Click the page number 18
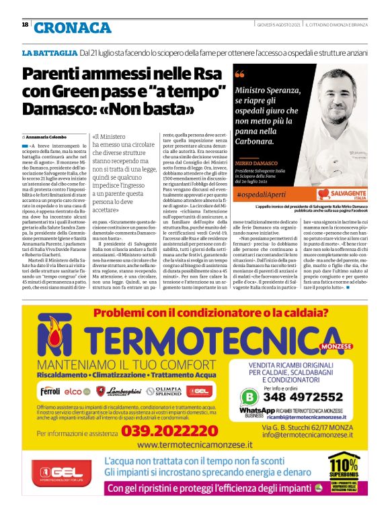pos(25,25)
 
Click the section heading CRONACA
pos(73,27)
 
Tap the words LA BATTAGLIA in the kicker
pos(50,52)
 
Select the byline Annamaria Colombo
pos(48,136)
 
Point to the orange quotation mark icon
pos(240,74)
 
